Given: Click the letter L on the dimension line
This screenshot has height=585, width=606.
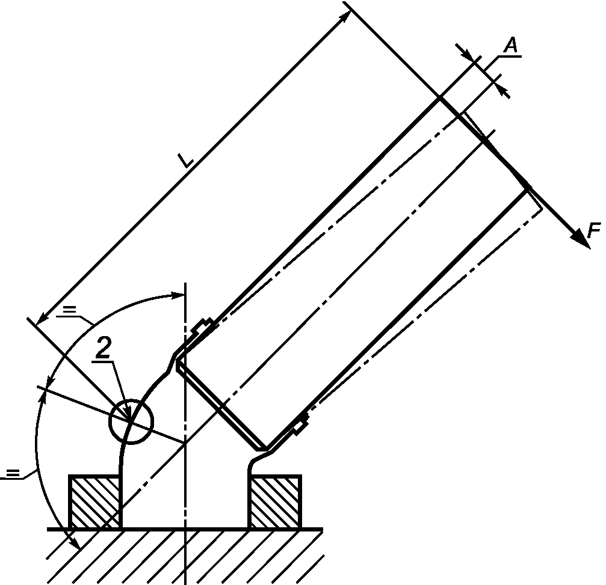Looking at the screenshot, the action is pos(186,160).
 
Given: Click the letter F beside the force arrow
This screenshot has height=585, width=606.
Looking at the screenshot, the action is pos(594,230).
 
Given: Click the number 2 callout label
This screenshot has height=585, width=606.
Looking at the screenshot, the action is pos(103,348).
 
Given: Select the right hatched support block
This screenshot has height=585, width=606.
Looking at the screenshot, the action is pos(275,501).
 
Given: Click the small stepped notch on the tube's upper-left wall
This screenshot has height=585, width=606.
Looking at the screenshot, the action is pos(203,325).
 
